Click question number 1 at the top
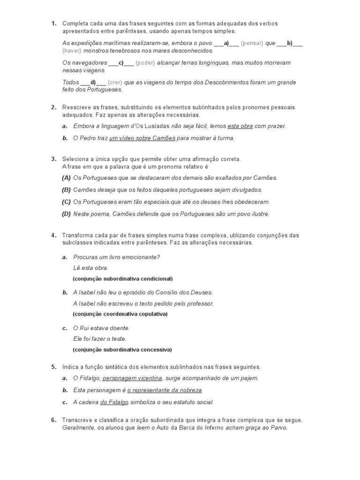[53, 23]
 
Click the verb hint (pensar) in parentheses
[252, 43]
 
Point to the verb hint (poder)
[145, 63]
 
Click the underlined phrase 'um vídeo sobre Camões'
[142, 138]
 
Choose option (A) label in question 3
[66, 178]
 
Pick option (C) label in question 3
[66, 202]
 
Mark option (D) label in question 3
[66, 214]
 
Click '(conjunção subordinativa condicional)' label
[122, 278]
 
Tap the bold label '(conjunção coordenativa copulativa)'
[120, 314]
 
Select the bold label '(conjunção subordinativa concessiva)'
[122, 349]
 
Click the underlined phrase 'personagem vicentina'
[132, 378]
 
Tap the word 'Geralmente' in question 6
[78, 428]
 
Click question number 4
[53, 235]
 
